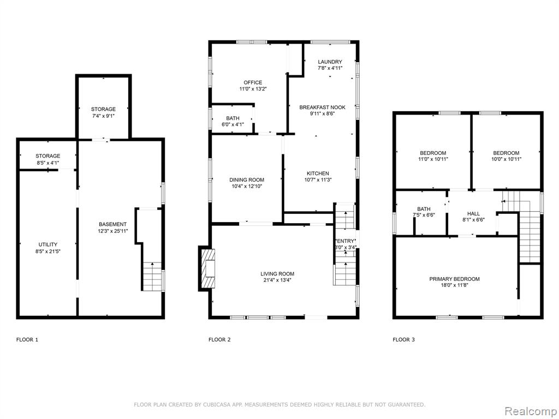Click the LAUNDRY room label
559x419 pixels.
330,62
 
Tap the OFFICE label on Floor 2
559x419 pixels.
253,82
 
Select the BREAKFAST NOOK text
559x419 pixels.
322,107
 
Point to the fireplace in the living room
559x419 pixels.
208,268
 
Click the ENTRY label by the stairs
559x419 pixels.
346,241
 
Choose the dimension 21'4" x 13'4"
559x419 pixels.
277,280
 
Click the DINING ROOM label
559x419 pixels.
247,180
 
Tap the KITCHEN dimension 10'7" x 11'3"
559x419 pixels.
318,180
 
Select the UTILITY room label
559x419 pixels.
48,244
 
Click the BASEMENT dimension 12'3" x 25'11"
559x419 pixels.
112,231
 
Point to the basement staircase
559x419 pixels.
152,277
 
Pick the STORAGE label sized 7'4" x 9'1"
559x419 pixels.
103,109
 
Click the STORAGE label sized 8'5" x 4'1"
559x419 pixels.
48,156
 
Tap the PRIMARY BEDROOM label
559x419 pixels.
454,279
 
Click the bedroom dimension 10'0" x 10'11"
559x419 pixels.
506,159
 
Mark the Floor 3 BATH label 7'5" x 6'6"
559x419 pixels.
424,209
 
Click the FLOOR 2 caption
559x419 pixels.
219,339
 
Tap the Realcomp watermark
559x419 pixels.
531,411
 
